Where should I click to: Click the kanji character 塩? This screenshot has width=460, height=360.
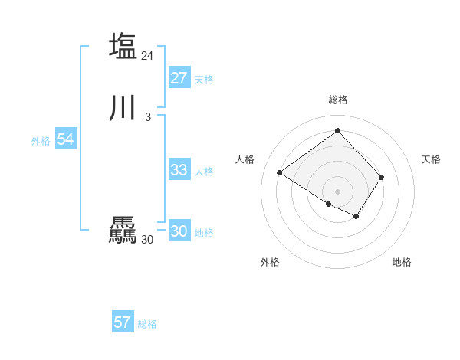coord(123,46)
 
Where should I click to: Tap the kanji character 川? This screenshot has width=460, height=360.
coord(123,107)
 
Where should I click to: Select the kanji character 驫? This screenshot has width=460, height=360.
coord(123,230)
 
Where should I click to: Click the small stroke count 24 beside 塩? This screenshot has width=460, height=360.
coord(148,55)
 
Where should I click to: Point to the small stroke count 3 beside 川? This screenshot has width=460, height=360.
coord(147,116)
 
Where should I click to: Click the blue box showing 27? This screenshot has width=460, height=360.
coord(179,78)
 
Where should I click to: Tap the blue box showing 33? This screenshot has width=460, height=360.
coord(179,170)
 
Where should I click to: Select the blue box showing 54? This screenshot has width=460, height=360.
coord(65,139)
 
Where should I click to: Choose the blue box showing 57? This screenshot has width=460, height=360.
coord(123,322)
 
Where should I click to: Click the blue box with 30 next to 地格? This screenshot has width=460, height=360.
coord(179,231)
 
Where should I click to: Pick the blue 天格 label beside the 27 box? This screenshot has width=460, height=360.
coord(204,80)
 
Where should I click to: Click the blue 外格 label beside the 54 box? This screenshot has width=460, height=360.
coord(41,141)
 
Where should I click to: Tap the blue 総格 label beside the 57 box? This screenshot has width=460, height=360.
coord(147,324)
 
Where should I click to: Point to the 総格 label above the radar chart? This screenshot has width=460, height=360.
coord(338,100)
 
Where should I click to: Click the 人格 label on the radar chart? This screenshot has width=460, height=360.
coord(245,159)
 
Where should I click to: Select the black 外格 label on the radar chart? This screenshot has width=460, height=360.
coord(270,262)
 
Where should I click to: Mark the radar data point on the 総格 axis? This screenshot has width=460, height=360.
coord(338,130)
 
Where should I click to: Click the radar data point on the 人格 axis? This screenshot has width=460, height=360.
coord(280,173)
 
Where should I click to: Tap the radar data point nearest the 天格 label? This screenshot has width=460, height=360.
coord(382,177)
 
